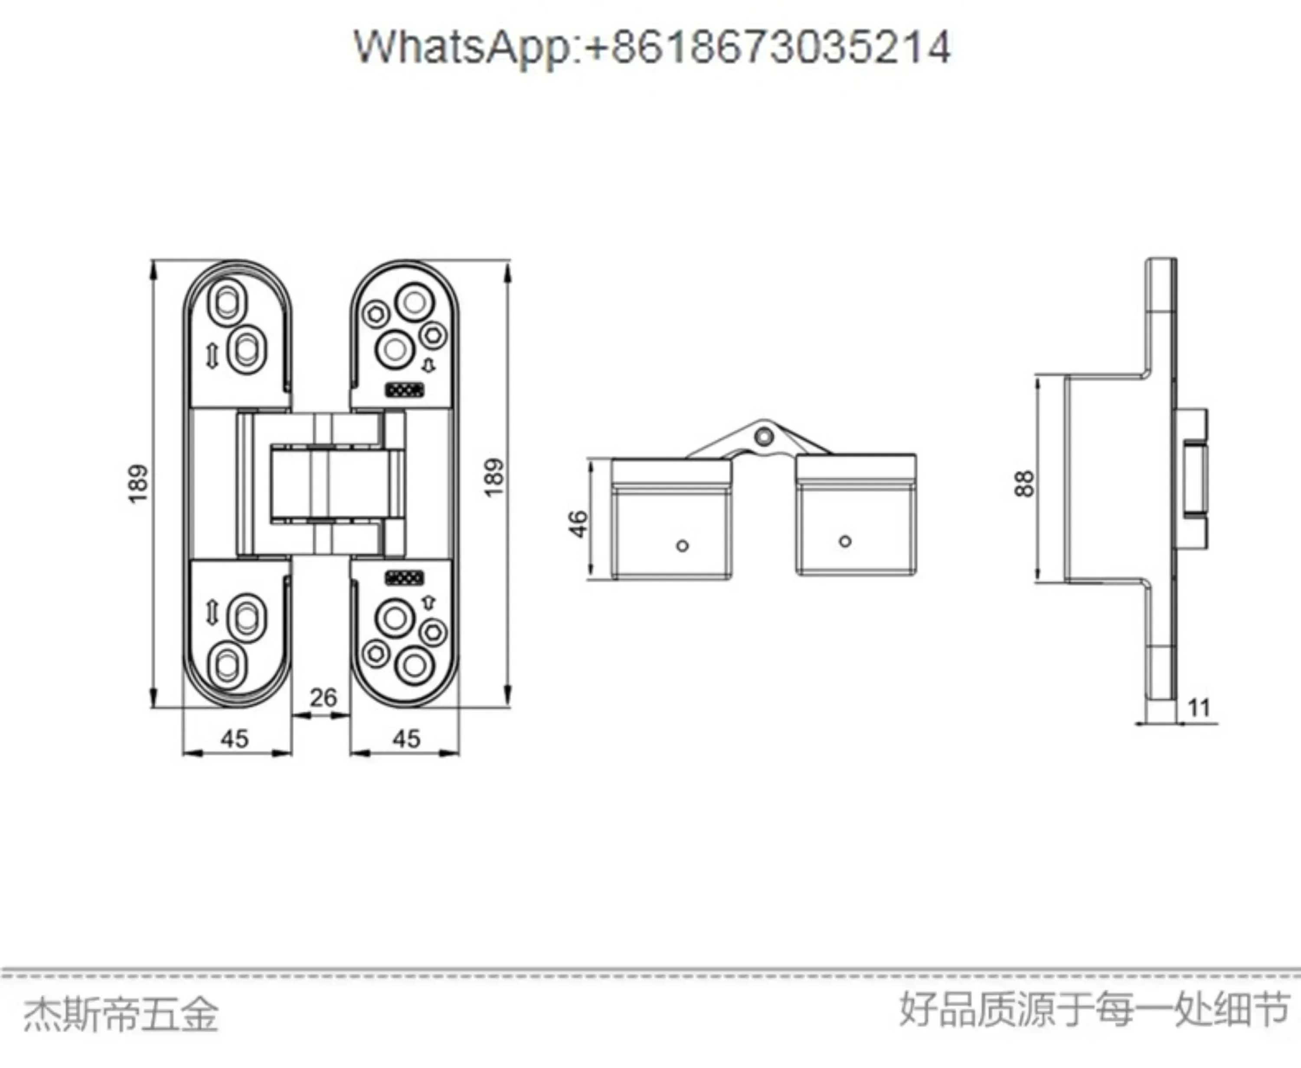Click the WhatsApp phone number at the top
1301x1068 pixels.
pyautogui.click(x=652, y=47)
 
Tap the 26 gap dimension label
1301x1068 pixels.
pyautogui.click(x=323, y=698)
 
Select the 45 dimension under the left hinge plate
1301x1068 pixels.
pyautogui.click(x=235, y=738)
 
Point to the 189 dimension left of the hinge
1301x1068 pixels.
pyautogui.click(x=138, y=484)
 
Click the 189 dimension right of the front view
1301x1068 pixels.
pyautogui.click(x=494, y=477)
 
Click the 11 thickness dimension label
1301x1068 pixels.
pyautogui.click(x=1199, y=708)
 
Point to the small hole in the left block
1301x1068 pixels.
pyautogui.click(x=682, y=545)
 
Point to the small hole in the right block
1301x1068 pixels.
pyautogui.click(x=845, y=541)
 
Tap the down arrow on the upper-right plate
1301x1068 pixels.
pyautogui.click(x=428, y=365)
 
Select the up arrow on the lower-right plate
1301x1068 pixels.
pyautogui.click(x=428, y=602)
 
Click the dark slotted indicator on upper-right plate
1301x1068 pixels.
pyautogui.click(x=404, y=389)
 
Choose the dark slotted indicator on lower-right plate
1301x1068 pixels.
pyautogui.click(x=404, y=578)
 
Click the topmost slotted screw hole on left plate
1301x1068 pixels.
pyautogui.click(x=227, y=301)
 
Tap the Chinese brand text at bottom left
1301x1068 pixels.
pyautogui.click(x=121, y=1015)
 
